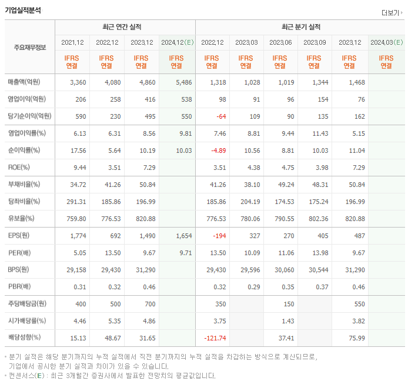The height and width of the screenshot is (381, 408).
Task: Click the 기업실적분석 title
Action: pyautogui.click(x=24, y=10)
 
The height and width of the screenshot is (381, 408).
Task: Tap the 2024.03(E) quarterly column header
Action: pyautogui.click(x=386, y=42)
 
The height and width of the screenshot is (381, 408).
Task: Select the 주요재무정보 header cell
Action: pyautogui.click(x=29, y=47)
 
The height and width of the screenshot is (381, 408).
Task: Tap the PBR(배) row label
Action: pyautogui.click(x=20, y=287)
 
